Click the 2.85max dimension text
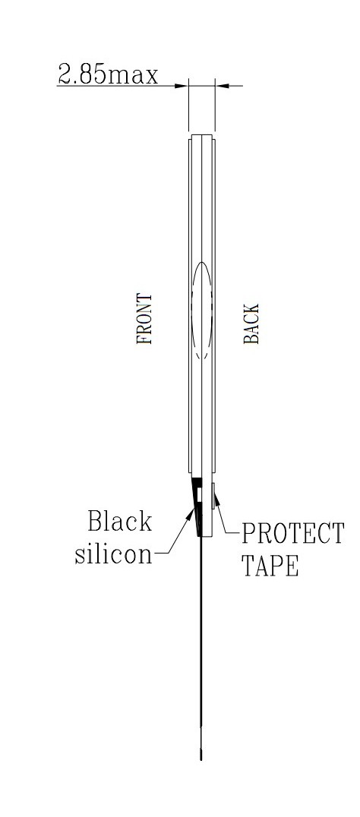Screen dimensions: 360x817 click(107, 74)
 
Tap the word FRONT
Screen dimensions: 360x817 click(144, 319)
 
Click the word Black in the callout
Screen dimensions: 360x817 click(119, 521)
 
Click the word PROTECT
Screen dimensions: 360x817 click(292, 533)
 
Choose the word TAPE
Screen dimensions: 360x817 click(270, 566)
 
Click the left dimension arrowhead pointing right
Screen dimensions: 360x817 click(182, 86)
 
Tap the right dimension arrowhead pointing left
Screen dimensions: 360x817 click(222, 86)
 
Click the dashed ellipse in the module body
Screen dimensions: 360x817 click(202, 311)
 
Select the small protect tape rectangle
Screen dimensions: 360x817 click(213, 496)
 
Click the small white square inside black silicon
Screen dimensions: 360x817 click(197, 493)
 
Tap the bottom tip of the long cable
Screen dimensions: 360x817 click(201, 759)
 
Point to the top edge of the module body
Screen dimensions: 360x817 click(201, 135)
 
